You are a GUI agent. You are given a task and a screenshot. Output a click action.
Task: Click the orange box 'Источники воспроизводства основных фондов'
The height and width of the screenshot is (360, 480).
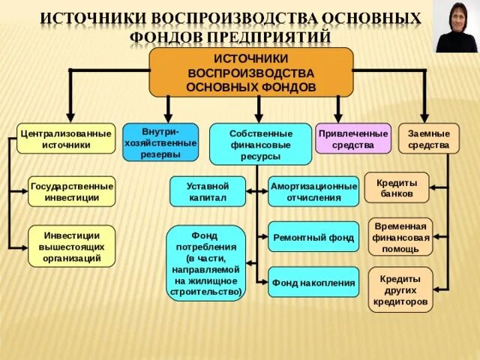pyautogui.click(x=251, y=72)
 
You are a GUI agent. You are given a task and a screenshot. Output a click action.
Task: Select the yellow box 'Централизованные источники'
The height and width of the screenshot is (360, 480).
pyautogui.click(x=66, y=139)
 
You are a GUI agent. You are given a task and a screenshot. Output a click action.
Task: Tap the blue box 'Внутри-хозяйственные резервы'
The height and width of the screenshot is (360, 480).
pyautogui.click(x=160, y=142)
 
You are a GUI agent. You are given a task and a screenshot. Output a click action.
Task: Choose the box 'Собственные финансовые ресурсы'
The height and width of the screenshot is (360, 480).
pyautogui.click(x=260, y=144)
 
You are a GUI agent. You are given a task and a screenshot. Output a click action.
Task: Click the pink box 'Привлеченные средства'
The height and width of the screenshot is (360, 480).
pyautogui.click(x=353, y=139)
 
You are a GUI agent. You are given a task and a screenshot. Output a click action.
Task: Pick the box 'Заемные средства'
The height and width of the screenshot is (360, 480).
pyautogui.click(x=429, y=139)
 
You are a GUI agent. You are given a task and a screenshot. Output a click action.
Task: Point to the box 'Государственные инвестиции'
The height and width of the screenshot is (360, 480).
pyautogui.click(x=72, y=191)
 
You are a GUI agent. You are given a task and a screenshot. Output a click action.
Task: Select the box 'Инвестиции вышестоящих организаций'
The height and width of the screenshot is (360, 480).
pyautogui.click(x=72, y=245)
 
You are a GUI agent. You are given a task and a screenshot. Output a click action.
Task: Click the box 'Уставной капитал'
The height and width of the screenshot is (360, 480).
pyautogui.click(x=208, y=191)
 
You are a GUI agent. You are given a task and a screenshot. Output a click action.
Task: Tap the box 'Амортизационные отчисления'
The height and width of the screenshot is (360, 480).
pyautogui.click(x=313, y=191)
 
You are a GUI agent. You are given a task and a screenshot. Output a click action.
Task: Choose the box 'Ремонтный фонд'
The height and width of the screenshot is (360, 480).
pyautogui.click(x=313, y=237)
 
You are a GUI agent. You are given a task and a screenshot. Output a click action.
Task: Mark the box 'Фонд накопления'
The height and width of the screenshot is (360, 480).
pyautogui.click(x=313, y=282)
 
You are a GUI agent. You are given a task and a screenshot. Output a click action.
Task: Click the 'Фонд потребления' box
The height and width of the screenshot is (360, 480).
pyautogui.click(x=206, y=262)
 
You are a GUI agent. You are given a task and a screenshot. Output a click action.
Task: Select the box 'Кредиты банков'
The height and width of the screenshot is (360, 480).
pyautogui.click(x=397, y=187)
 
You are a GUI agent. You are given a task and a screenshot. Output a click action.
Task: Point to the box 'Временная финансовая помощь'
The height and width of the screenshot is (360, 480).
pyautogui.click(x=400, y=237)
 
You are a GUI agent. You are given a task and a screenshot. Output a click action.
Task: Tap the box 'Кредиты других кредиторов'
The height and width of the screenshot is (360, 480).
pyautogui.click(x=400, y=289)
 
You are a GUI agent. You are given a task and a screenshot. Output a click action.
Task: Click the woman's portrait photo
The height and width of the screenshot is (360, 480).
pyautogui.click(x=456, y=27)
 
